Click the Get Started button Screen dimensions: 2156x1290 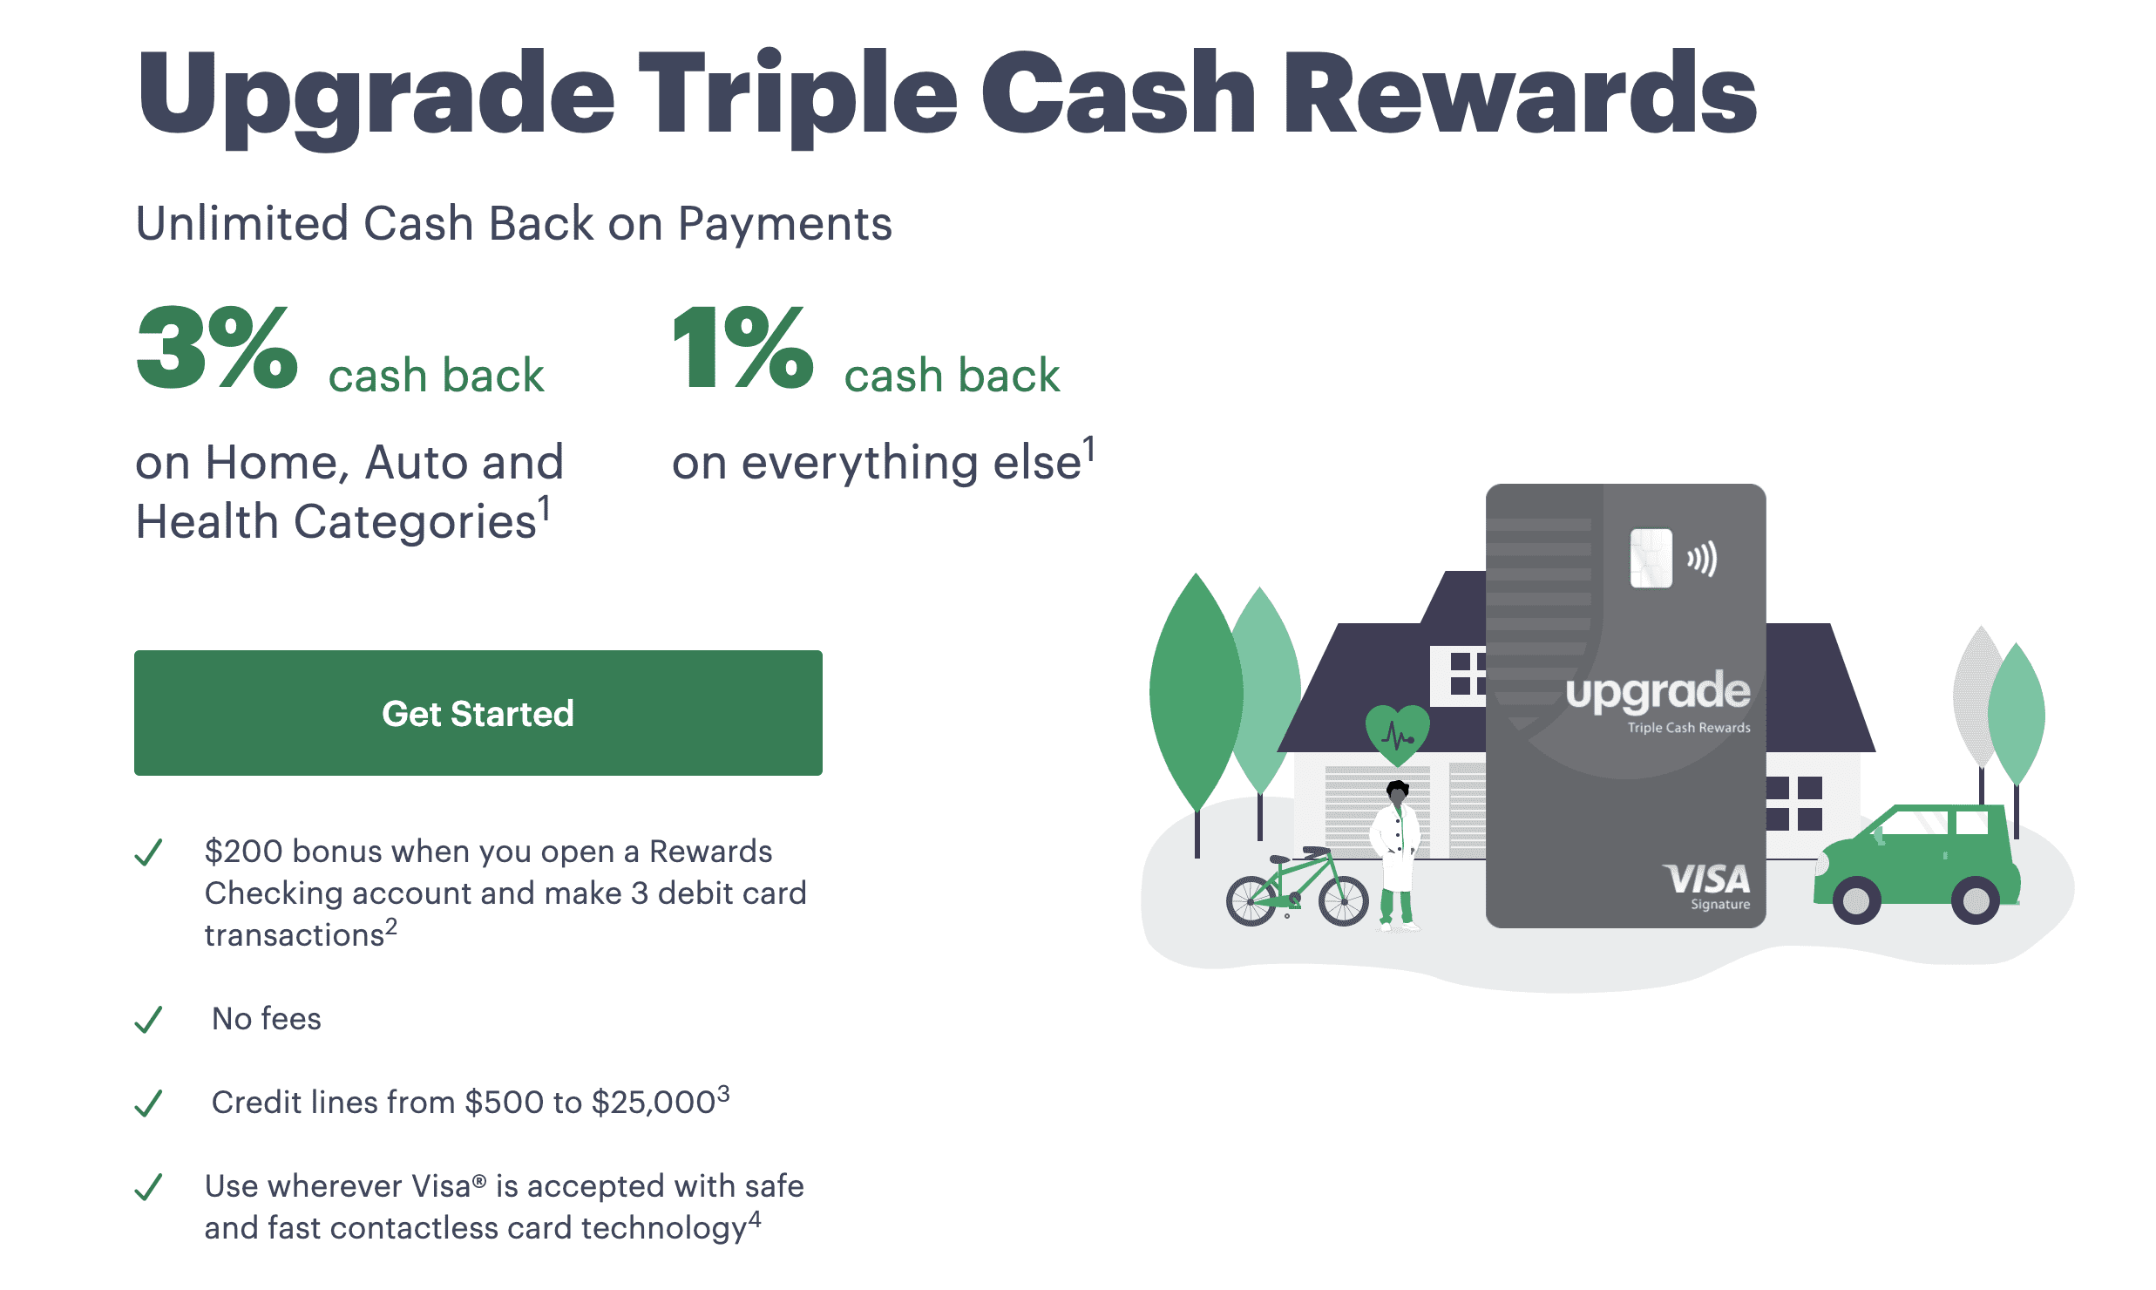pos(478,713)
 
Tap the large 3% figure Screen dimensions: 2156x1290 pos(217,347)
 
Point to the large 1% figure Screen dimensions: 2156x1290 pos(743,347)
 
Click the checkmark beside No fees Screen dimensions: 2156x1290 pos(149,1019)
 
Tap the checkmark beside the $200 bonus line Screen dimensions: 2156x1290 pos(149,852)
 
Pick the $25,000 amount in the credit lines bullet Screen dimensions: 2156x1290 pos(654,1103)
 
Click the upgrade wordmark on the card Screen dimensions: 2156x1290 pos(1658,693)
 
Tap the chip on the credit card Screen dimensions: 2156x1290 pos(1651,558)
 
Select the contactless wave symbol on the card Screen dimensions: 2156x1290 pos(1702,559)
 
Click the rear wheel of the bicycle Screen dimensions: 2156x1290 pos(1251,900)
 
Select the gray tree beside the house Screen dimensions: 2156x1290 pos(1980,697)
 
